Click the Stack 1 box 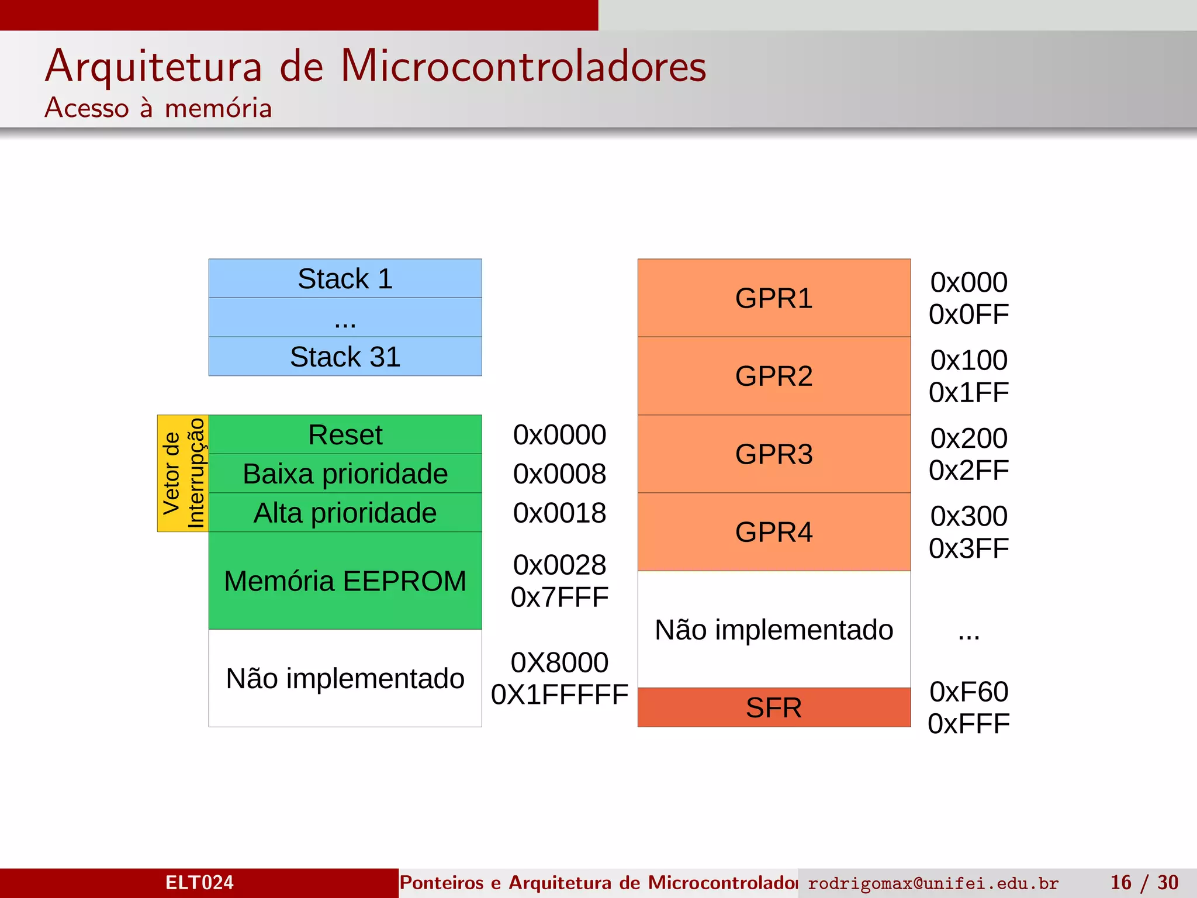pos(345,278)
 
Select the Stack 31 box pos(345,357)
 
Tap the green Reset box pos(345,434)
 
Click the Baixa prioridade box pos(345,474)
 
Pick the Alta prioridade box pos(345,513)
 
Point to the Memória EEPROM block pos(345,581)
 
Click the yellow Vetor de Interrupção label pos(183,473)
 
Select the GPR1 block pos(774,298)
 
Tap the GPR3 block pos(774,454)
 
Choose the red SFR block pos(774,707)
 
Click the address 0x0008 pos(559,474)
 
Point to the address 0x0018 pos(559,513)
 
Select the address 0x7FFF pos(559,597)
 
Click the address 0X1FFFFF pos(559,695)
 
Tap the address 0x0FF pos(968,315)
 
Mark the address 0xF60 pos(968,692)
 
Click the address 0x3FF pos(968,548)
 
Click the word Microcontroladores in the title pos(523,65)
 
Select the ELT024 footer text pos(199,882)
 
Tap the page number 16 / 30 pos(1144,882)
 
